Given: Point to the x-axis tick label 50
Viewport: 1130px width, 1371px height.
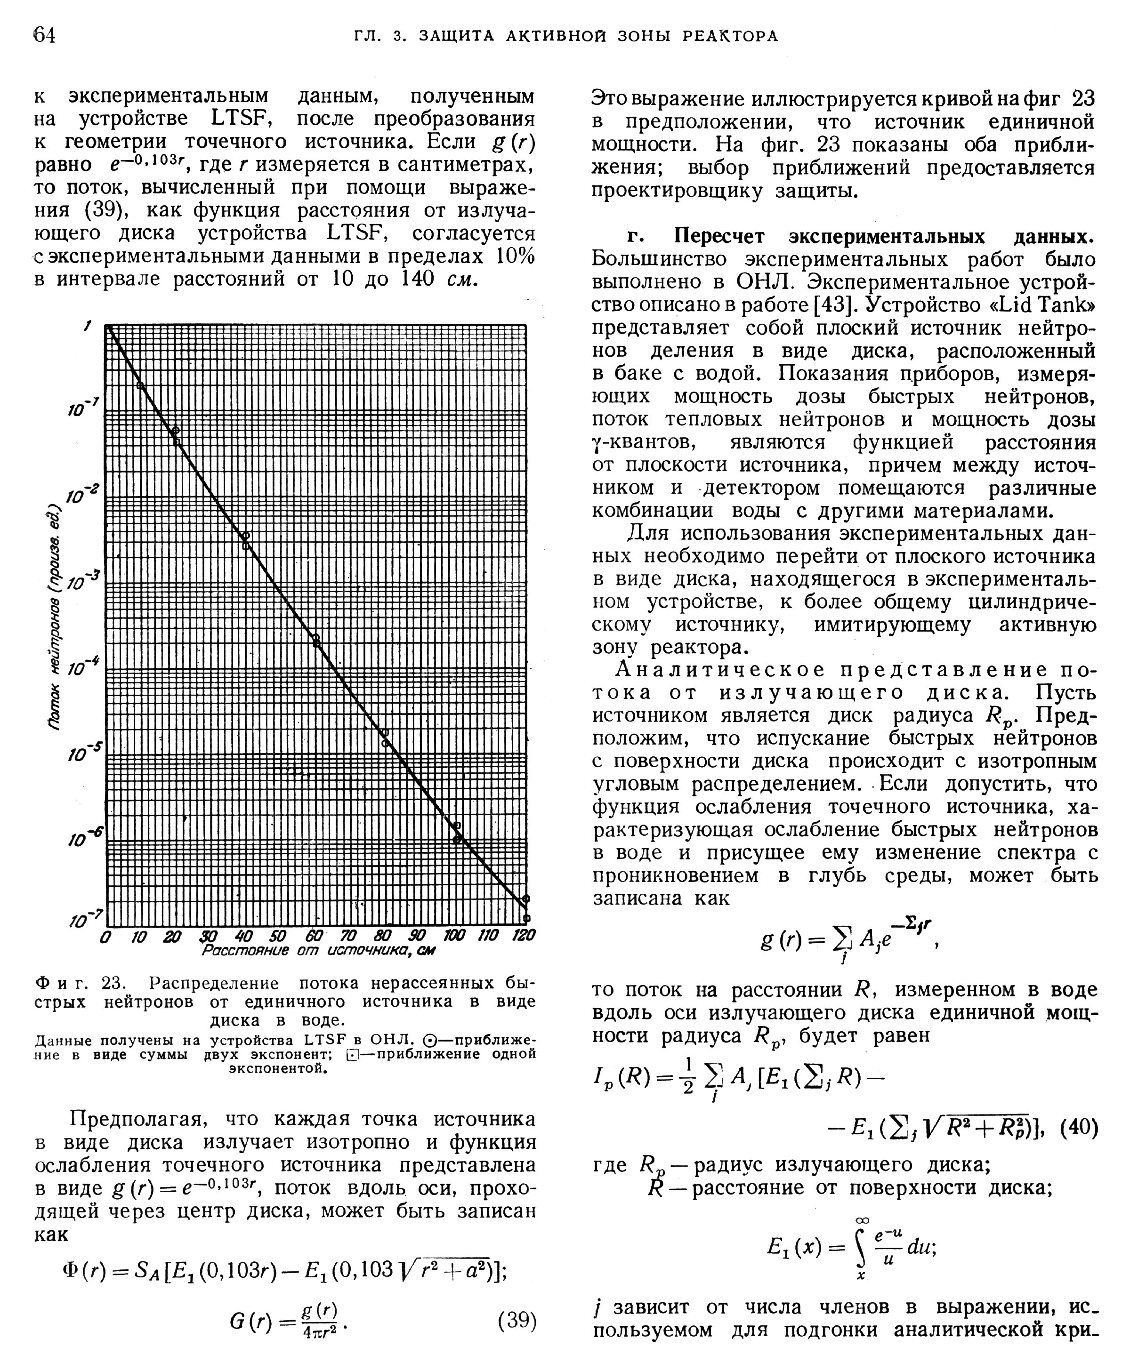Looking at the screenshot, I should [x=277, y=936].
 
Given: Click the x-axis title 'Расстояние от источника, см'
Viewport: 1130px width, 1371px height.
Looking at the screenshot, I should [x=318, y=951].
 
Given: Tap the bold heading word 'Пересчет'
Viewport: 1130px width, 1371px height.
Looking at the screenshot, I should [x=718, y=236].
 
